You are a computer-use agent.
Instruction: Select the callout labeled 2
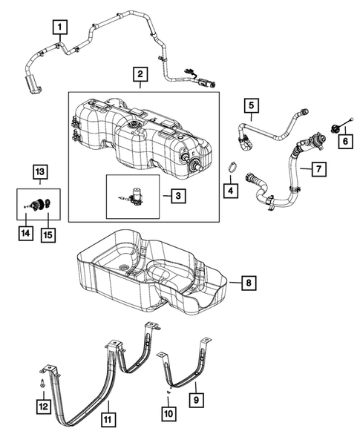(138, 76)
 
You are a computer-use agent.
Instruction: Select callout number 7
(316, 170)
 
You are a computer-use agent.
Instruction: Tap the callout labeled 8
(249, 283)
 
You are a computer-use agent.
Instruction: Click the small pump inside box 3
(135, 195)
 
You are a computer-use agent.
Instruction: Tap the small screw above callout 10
(168, 391)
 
